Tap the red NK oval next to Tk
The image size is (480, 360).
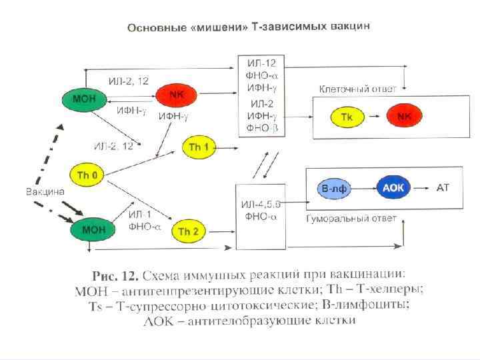[x=405, y=116]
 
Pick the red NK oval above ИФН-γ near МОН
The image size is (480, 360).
[x=176, y=95]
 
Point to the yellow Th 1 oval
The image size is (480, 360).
[x=199, y=147]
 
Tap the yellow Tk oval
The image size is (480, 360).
[x=347, y=117]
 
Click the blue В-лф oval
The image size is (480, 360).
[x=334, y=189]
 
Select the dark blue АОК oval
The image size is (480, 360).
[x=393, y=188]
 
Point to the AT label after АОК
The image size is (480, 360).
[x=443, y=188]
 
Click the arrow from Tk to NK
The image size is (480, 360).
[x=375, y=117]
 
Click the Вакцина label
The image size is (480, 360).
[x=45, y=191]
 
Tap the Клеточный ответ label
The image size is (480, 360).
[x=358, y=88]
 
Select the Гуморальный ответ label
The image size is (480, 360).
[x=352, y=218]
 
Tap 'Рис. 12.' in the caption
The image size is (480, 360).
[x=116, y=275]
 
